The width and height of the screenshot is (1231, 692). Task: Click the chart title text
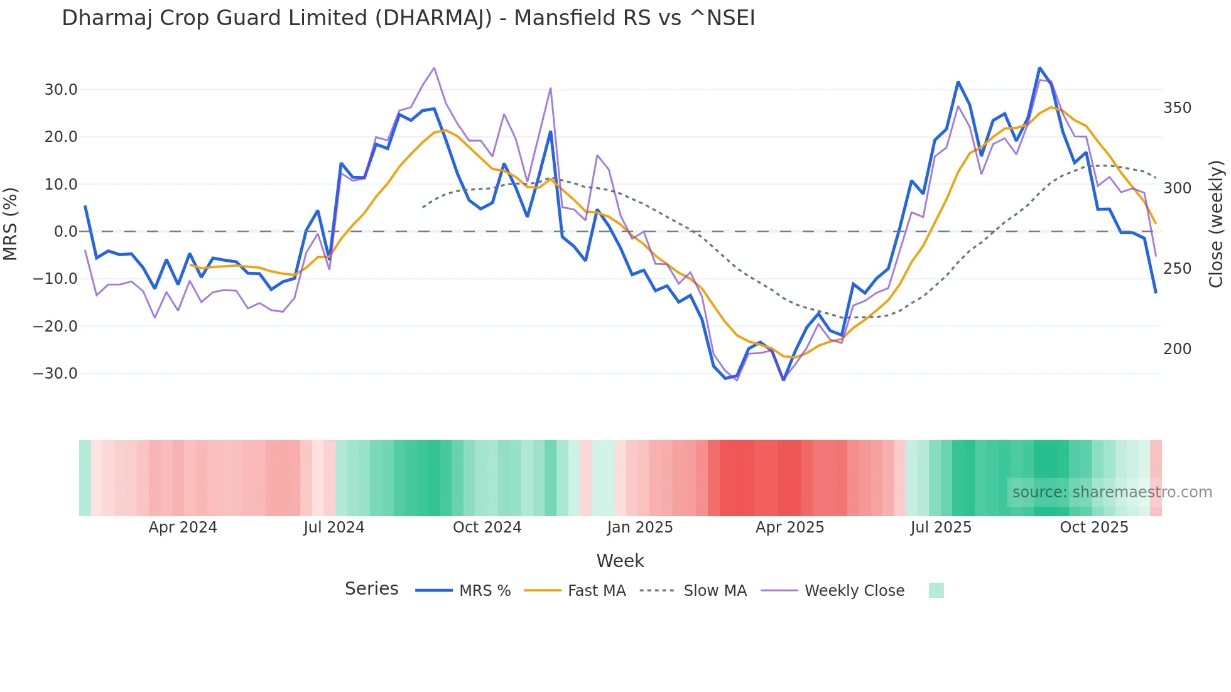408,18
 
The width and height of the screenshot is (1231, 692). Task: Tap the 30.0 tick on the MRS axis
61,90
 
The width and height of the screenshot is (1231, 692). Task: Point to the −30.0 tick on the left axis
55,374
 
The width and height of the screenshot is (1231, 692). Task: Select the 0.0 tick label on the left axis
65,232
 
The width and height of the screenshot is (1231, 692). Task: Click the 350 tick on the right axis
1177,108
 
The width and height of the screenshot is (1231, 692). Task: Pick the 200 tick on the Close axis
1177,349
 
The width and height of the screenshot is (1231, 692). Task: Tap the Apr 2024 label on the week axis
183,527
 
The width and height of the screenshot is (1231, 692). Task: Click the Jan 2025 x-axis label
639,527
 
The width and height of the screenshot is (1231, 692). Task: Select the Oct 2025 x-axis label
1094,527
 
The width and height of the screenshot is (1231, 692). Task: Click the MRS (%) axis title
11,224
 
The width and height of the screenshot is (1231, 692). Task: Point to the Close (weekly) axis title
1217,224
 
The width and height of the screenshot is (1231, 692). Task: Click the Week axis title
620,561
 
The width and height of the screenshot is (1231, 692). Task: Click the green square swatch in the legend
936,590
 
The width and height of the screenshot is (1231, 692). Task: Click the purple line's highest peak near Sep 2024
434,68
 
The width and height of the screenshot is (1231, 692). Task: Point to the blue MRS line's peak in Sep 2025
1039,68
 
